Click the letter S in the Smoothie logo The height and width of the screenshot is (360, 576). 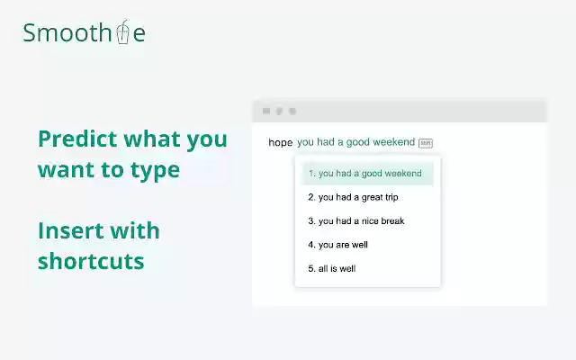tap(31, 33)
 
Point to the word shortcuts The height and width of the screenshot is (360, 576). tap(91, 261)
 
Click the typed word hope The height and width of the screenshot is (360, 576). tap(280, 142)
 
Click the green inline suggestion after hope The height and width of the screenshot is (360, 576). tap(355, 142)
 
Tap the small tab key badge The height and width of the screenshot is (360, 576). tap(426, 142)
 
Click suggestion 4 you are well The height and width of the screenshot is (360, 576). tap(337, 244)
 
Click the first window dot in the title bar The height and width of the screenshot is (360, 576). tap(265, 111)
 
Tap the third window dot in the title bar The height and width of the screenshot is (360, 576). tap(292, 111)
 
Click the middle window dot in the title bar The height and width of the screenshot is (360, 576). tap(279, 111)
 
